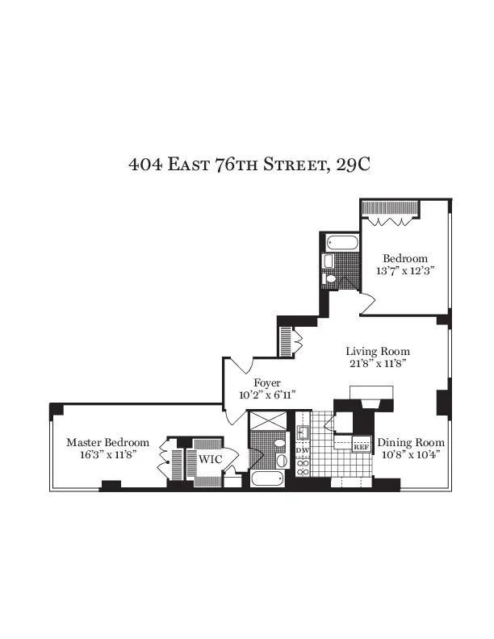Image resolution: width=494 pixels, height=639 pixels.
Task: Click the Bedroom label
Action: point(405,258)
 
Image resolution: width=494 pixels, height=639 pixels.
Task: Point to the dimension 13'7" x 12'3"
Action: point(405,271)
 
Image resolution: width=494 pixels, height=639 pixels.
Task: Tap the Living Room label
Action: point(378,352)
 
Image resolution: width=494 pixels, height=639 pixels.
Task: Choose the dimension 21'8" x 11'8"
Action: point(378,364)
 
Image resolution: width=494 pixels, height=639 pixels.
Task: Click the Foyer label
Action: point(267,382)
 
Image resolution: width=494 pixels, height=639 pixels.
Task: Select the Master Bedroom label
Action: point(107,443)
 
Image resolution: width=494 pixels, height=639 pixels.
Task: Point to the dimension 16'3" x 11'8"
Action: point(107,455)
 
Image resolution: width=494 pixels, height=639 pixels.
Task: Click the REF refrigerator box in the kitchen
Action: point(362,445)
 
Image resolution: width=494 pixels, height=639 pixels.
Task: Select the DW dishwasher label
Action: point(304,449)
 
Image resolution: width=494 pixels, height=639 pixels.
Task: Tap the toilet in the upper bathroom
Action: point(327,261)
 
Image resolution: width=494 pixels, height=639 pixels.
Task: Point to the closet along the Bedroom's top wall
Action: point(390,209)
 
